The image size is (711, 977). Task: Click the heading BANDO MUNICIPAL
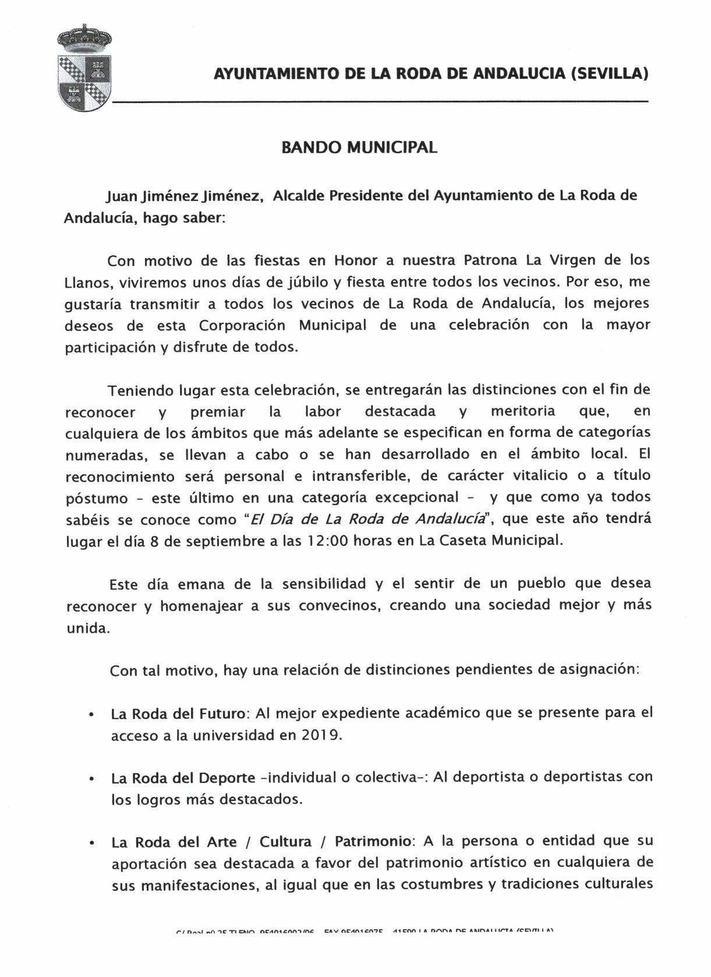point(359,147)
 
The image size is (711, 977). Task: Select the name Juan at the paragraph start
point(122,196)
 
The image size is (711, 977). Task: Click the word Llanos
point(87,283)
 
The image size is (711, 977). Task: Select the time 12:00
point(327,541)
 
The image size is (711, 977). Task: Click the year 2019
point(320,735)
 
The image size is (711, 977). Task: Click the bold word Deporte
point(227,778)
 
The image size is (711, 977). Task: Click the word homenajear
point(202,606)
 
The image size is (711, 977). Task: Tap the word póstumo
point(96,499)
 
